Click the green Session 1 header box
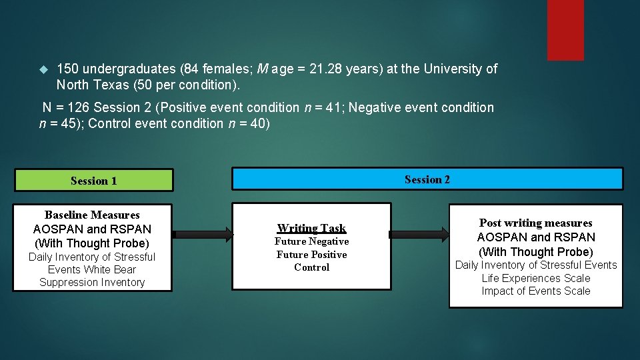[93, 181]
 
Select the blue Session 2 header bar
[427, 179]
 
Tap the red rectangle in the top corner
[565, 30]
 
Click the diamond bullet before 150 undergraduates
[44, 69]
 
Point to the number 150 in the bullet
[68, 69]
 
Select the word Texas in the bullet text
[111, 85]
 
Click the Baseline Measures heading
[92, 215]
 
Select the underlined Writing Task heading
[311, 228]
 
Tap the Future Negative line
[312, 241]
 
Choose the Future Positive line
[312, 255]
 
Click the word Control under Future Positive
[311, 267]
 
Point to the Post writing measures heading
[535, 223]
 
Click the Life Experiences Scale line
[536, 278]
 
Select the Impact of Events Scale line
[536, 291]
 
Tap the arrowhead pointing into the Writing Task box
[228, 234]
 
